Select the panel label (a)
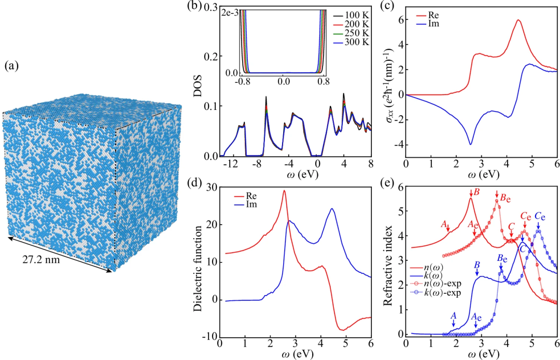point(13,66)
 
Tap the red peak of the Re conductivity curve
point(518,20)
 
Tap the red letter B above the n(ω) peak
point(476,192)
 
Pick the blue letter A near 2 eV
point(453,315)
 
